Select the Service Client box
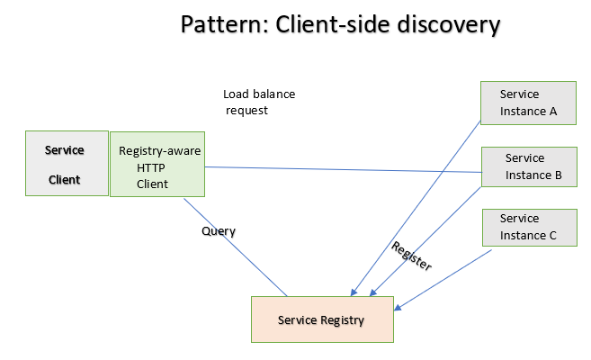click(67, 163)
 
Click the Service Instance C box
click(528, 227)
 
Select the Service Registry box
click(322, 319)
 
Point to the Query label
click(218, 231)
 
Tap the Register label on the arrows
click(412, 256)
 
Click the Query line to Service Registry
click(236, 247)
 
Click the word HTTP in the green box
click(151, 167)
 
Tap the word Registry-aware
click(159, 151)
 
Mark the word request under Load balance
click(246, 111)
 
